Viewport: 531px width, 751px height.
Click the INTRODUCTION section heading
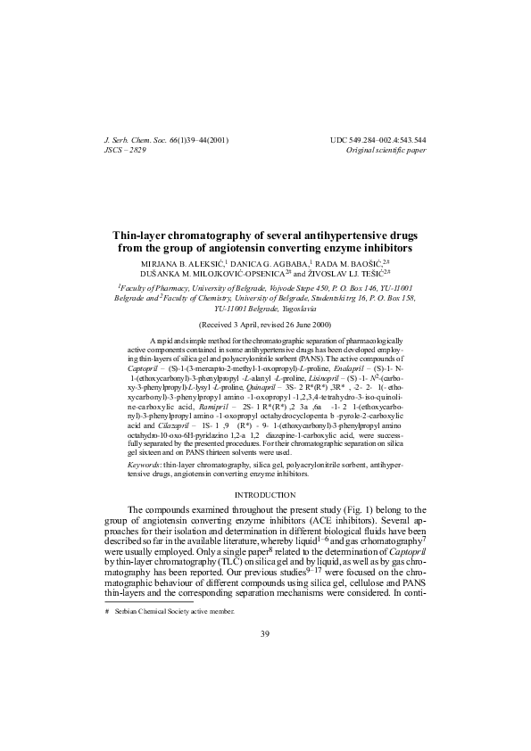pyautogui.click(x=265, y=519)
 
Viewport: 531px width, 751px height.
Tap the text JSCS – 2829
pyautogui.click(x=126, y=152)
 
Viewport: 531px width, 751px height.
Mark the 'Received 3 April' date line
pyautogui.click(x=265, y=326)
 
